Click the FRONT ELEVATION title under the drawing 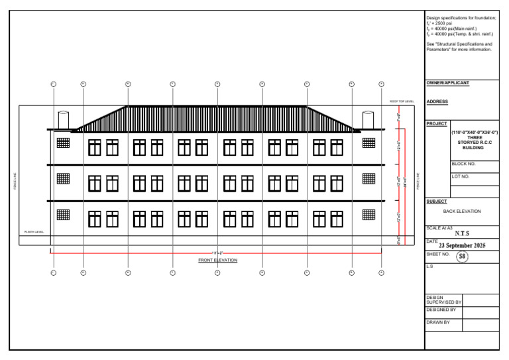click(217, 261)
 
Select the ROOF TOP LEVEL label click(402, 101)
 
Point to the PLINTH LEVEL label click(34, 231)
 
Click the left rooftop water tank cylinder click(64, 119)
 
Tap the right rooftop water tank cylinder click(368, 119)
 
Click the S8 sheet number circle click(462, 257)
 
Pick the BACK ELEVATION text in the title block click(462, 211)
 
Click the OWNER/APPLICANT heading click(447, 83)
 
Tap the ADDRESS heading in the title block click(437, 101)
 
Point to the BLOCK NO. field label click(464, 164)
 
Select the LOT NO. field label click(461, 177)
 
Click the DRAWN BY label click(438, 323)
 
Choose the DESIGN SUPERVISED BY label click(443, 300)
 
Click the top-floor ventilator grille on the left click(63, 142)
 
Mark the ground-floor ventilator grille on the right click(368, 214)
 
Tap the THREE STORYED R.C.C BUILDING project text click(475, 143)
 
